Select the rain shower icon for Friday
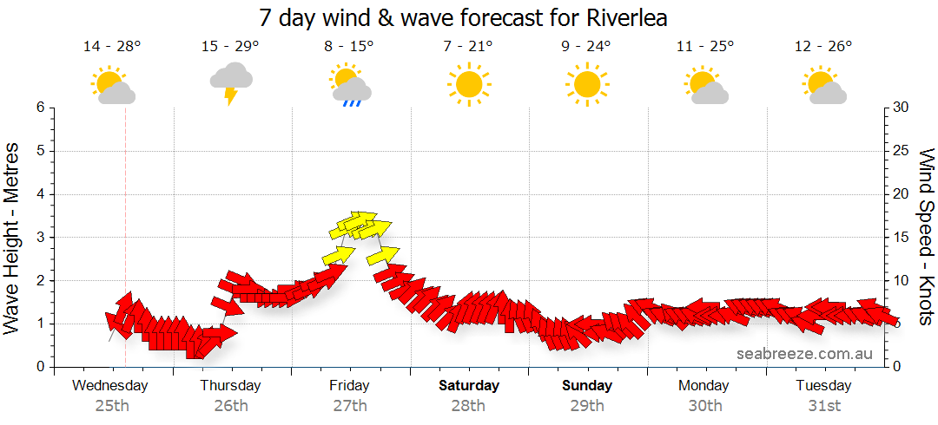351,86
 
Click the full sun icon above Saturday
469,84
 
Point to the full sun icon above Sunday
587,84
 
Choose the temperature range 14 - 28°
112,47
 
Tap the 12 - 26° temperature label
822,47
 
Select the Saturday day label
469,385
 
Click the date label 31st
824,405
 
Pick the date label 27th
349,405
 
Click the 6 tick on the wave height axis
40,108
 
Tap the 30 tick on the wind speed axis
901,108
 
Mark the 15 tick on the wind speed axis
901,237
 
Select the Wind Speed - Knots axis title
926,237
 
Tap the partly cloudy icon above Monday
706,86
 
